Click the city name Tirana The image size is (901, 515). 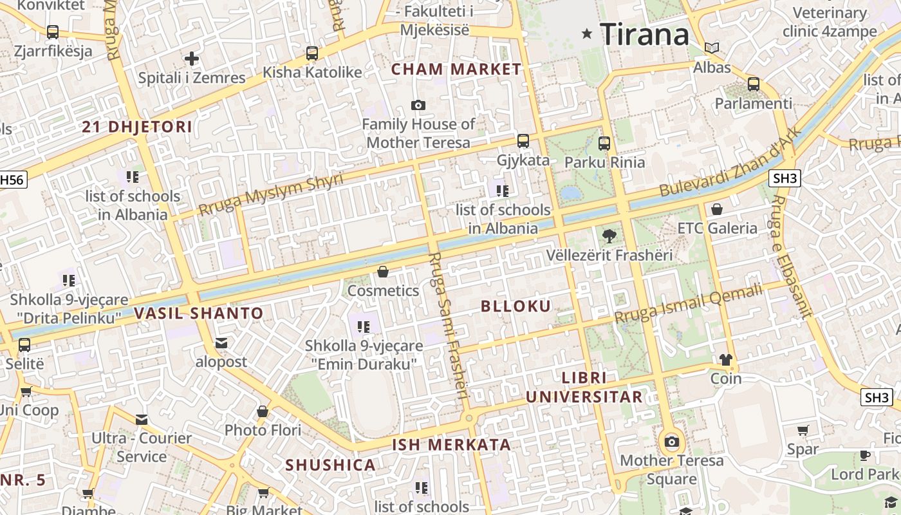[644, 33]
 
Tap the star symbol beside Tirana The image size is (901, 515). [586, 33]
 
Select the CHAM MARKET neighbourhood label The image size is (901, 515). [456, 69]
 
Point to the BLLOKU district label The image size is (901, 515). [516, 306]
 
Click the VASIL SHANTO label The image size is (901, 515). [199, 314]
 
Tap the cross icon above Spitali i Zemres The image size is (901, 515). [191, 59]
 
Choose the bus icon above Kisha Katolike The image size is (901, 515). [312, 53]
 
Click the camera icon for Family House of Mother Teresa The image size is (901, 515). [418, 105]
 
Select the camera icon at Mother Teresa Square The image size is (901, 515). [671, 442]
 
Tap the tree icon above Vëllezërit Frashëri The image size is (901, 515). [609, 236]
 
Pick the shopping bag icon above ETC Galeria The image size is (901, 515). [717, 209]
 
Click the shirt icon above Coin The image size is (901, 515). [726, 360]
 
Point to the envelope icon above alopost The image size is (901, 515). [221, 343]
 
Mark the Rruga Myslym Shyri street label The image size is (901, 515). [271, 195]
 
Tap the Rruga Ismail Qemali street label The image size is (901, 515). [688, 304]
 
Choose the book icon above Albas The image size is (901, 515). [712, 48]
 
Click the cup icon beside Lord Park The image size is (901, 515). [865, 456]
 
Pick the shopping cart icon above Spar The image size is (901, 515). [803, 430]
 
